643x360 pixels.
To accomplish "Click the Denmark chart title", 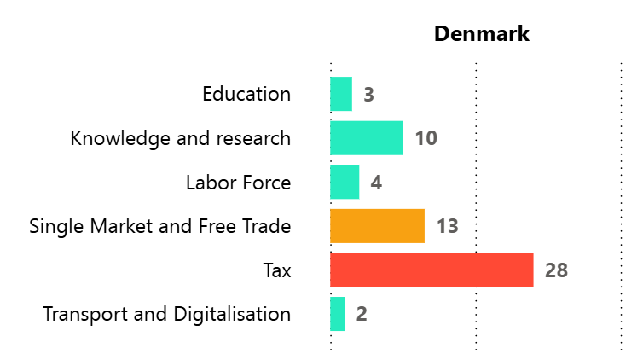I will click(482, 34).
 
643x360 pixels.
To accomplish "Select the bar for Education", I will click(341, 94).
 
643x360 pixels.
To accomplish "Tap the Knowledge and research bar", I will click(367, 138).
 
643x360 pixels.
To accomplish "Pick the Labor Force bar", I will click(345, 182).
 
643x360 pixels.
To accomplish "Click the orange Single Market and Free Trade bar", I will click(377, 226).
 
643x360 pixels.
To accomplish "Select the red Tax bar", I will click(432, 270).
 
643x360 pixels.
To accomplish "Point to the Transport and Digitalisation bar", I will click(338, 314).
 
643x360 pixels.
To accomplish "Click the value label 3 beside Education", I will click(368, 95).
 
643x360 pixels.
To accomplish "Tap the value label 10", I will click(426, 138).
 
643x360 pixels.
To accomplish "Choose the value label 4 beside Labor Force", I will click(376, 183).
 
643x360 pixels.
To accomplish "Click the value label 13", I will click(448, 226).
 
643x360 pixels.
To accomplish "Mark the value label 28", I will click(556, 270).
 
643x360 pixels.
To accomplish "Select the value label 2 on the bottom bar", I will click(362, 314).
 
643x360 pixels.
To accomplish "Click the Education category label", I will click(246, 94).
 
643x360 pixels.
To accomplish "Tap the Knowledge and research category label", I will click(181, 138).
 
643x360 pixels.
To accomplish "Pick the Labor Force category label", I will click(238, 183).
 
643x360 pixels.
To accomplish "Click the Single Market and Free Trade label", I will click(160, 226).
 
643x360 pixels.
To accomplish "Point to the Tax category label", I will click(277, 271).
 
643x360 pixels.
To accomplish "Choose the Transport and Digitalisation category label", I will click(167, 314).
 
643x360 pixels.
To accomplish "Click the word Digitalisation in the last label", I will click(233, 314).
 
